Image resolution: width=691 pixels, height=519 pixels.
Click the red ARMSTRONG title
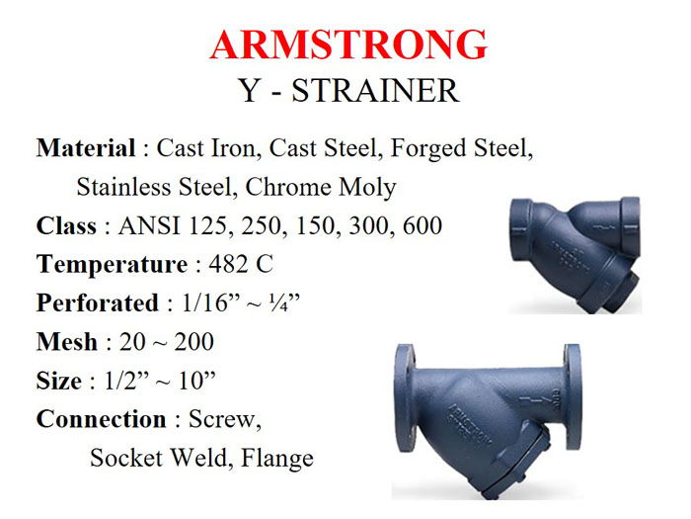pos(347,44)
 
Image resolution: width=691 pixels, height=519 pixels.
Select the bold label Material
pos(86,149)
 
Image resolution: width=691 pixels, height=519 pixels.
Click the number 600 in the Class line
pos(419,226)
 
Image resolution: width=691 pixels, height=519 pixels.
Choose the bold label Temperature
pos(111,265)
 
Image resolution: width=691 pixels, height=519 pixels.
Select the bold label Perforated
pos(97,303)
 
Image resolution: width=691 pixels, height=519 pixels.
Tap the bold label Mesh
pos(67,342)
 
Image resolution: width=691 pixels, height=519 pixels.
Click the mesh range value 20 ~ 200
pos(165,342)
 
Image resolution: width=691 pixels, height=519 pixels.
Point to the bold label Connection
pos(102,419)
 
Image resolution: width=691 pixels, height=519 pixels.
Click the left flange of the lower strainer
pos(407,390)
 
